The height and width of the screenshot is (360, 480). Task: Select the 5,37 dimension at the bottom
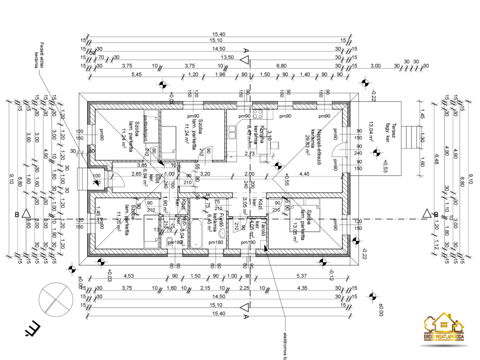coord(301,276)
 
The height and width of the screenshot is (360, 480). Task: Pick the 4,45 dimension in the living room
coord(304,173)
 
